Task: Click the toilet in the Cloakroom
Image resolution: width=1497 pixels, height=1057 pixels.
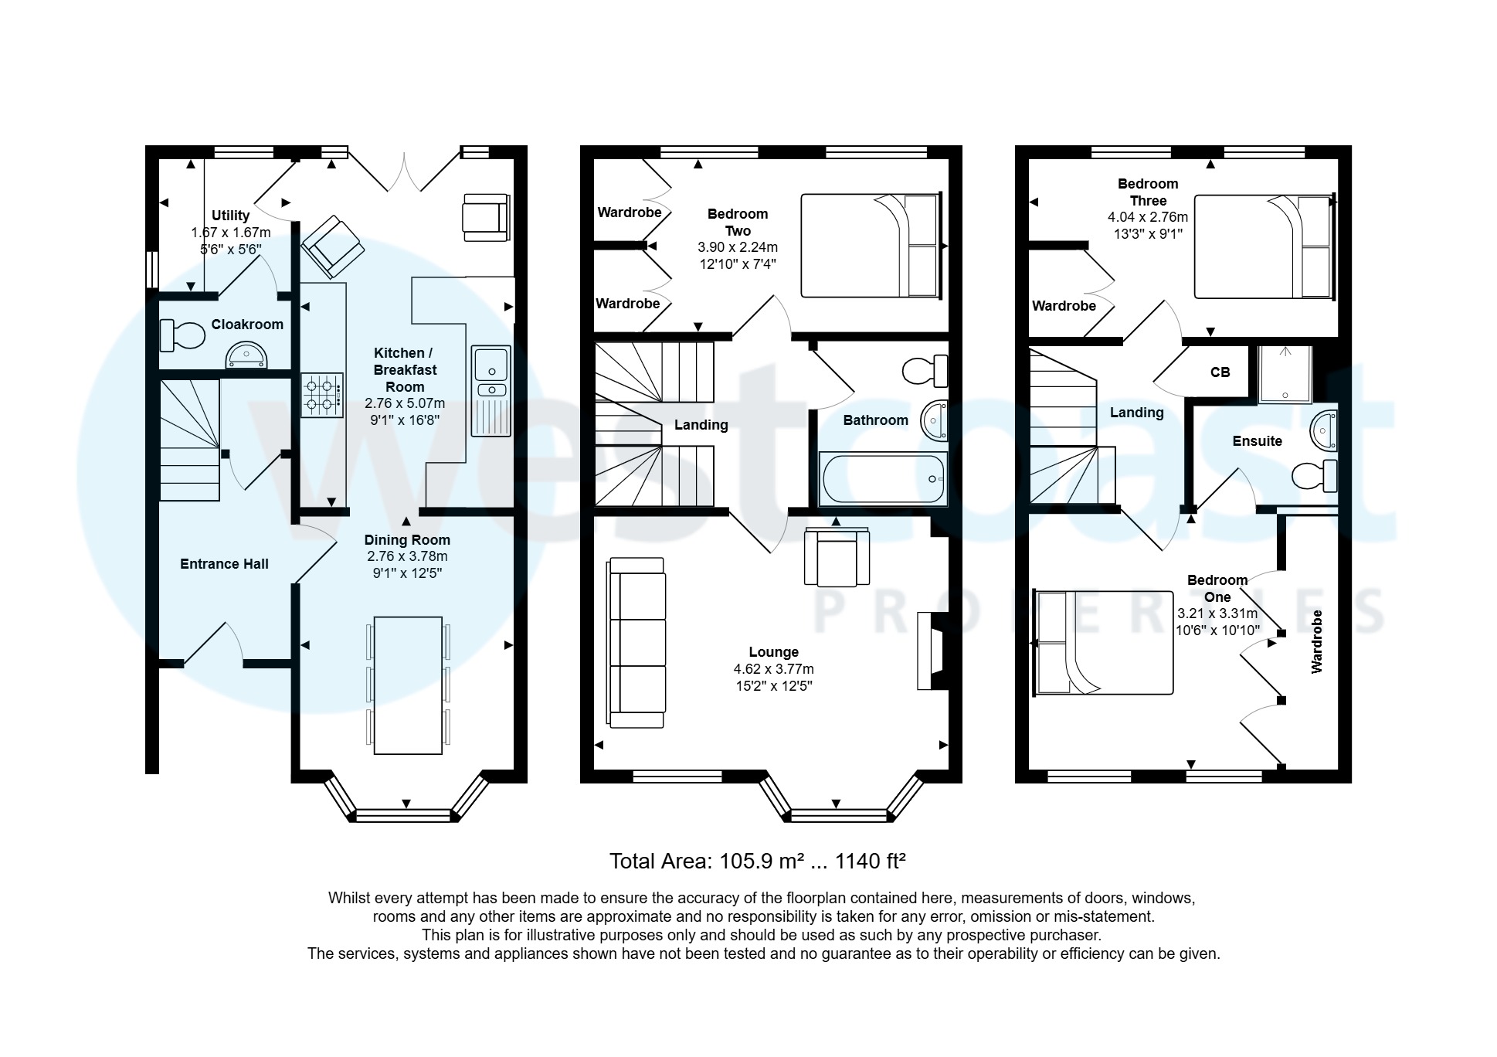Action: click(178, 335)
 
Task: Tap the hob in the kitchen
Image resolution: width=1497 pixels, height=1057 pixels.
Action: click(322, 395)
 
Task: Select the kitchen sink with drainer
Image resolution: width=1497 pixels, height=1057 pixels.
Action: click(491, 390)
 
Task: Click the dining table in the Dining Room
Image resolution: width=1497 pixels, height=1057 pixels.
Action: click(408, 685)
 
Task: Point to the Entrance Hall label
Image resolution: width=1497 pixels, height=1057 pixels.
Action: click(224, 564)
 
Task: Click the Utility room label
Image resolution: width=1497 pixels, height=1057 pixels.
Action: click(230, 216)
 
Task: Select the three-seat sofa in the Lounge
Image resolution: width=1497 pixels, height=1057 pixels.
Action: click(636, 642)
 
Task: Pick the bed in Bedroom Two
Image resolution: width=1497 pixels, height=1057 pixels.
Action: click(871, 246)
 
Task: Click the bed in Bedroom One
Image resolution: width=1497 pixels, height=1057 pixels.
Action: click(1103, 643)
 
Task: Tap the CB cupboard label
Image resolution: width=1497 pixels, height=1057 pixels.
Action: click(1220, 372)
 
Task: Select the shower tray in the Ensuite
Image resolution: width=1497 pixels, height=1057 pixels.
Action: click(1285, 375)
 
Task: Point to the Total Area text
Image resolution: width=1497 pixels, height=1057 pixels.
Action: click(756, 861)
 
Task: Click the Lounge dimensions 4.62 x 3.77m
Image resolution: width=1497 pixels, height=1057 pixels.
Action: click(773, 669)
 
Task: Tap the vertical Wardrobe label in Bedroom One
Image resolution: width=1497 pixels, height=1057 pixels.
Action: click(1317, 641)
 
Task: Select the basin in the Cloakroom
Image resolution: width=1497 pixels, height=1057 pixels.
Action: click(246, 357)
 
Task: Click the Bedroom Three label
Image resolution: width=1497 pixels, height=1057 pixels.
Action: click(1147, 192)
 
